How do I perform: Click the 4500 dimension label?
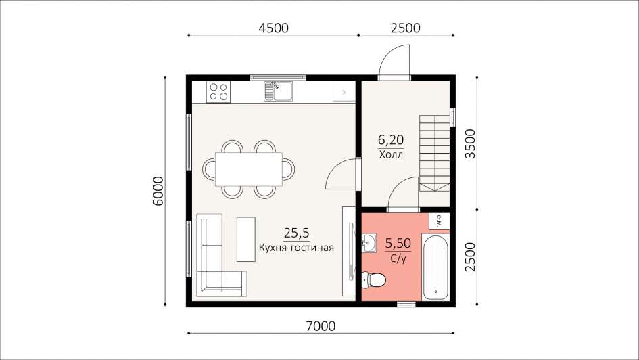273,28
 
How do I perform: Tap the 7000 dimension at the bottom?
321,326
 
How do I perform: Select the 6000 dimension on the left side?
158,191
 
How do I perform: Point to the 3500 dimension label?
470,144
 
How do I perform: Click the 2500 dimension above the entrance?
406,28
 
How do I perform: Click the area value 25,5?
297,233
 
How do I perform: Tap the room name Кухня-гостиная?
297,248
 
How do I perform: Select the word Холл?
392,154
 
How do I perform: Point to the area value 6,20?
391,140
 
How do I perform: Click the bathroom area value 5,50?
398,244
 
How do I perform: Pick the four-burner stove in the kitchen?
218,92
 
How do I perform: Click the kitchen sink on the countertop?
279,91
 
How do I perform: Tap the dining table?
249,168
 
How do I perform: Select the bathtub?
435,267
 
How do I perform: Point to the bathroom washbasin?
369,244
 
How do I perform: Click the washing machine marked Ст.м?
439,221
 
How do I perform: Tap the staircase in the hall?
434,154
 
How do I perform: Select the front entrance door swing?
394,60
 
